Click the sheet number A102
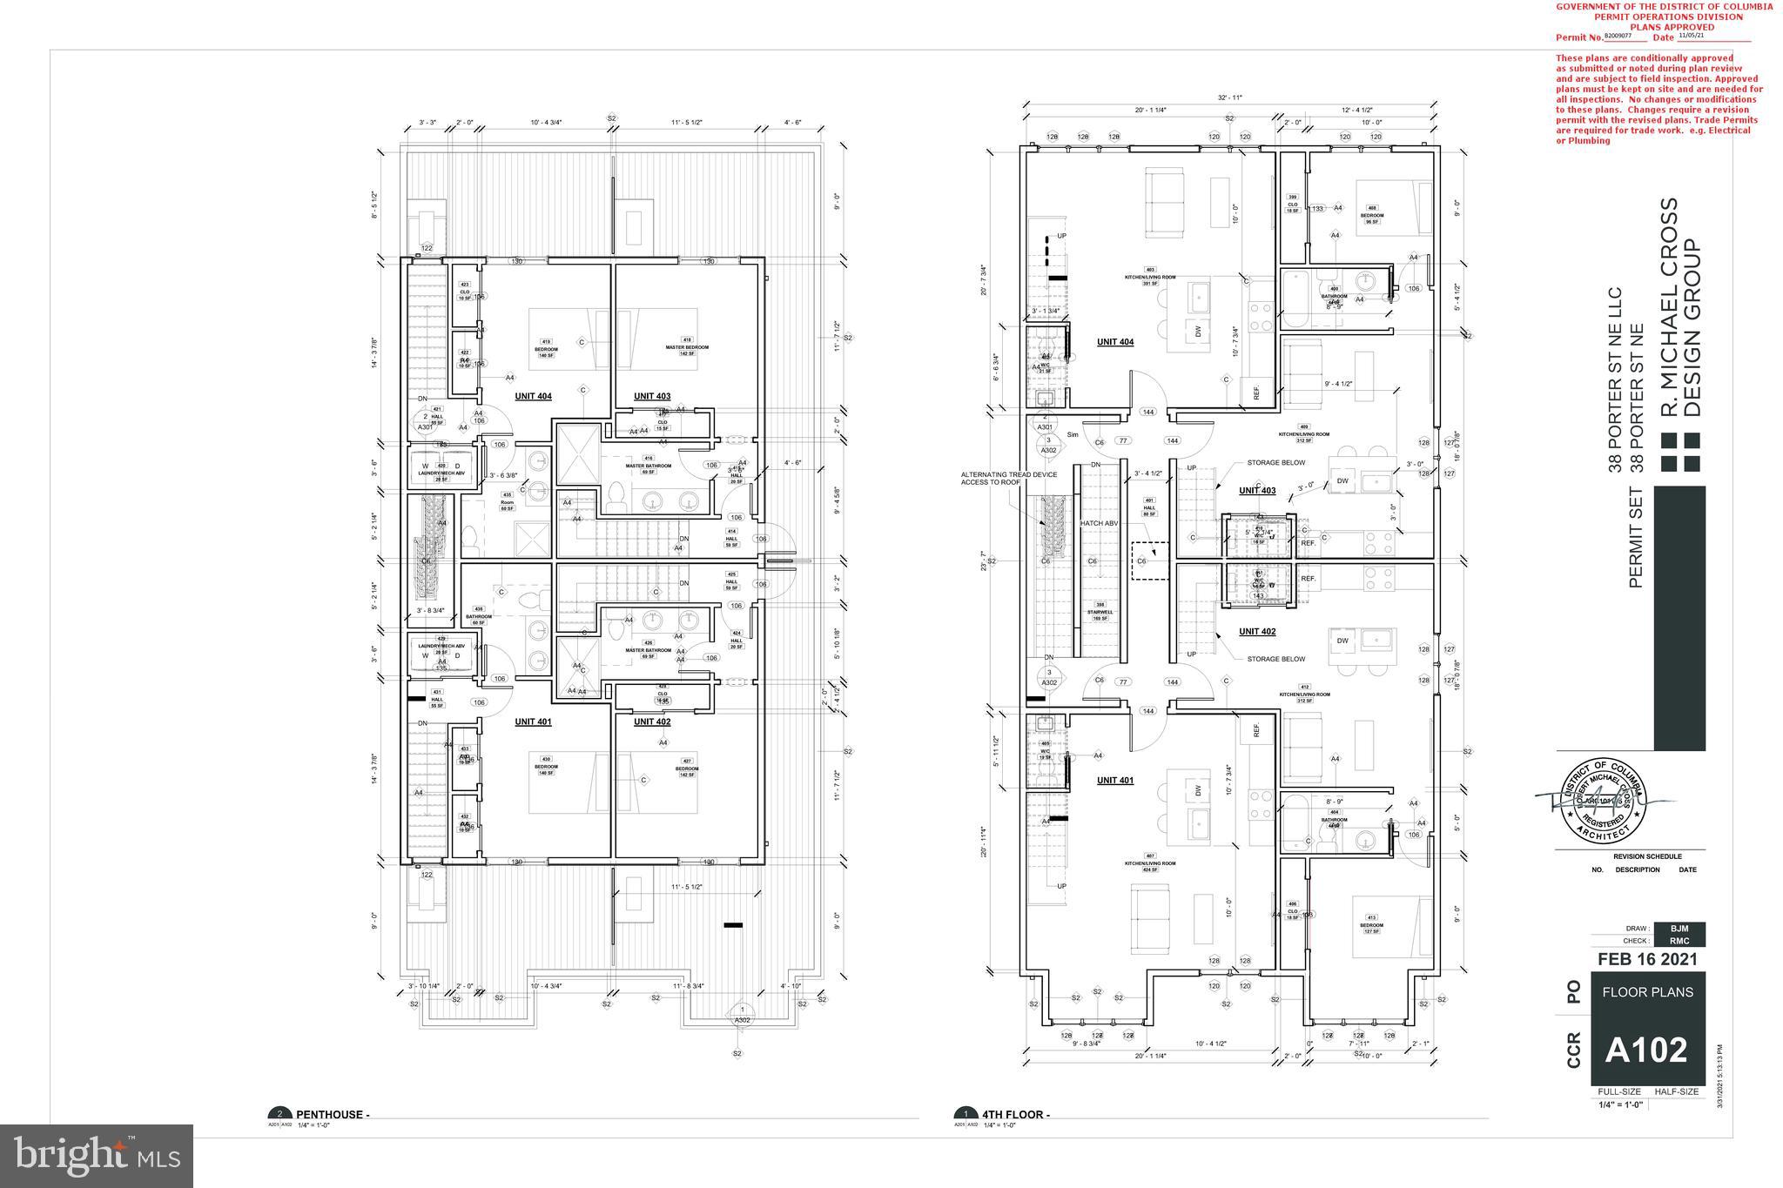(x=1647, y=1050)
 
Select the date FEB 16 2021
(x=1647, y=959)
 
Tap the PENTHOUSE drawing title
(x=333, y=1114)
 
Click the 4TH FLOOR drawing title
(x=1015, y=1114)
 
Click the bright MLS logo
(x=97, y=1156)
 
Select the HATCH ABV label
(x=1099, y=523)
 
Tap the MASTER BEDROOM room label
(x=687, y=347)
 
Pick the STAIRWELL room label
(x=1100, y=612)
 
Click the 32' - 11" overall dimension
(x=1228, y=97)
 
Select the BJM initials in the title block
(x=1679, y=929)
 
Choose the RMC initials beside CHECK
(x=1679, y=940)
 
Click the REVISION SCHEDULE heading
(x=1647, y=856)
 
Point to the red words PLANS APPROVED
(x=1663, y=27)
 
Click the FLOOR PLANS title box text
(x=1647, y=991)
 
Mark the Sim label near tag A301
(x=1072, y=434)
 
